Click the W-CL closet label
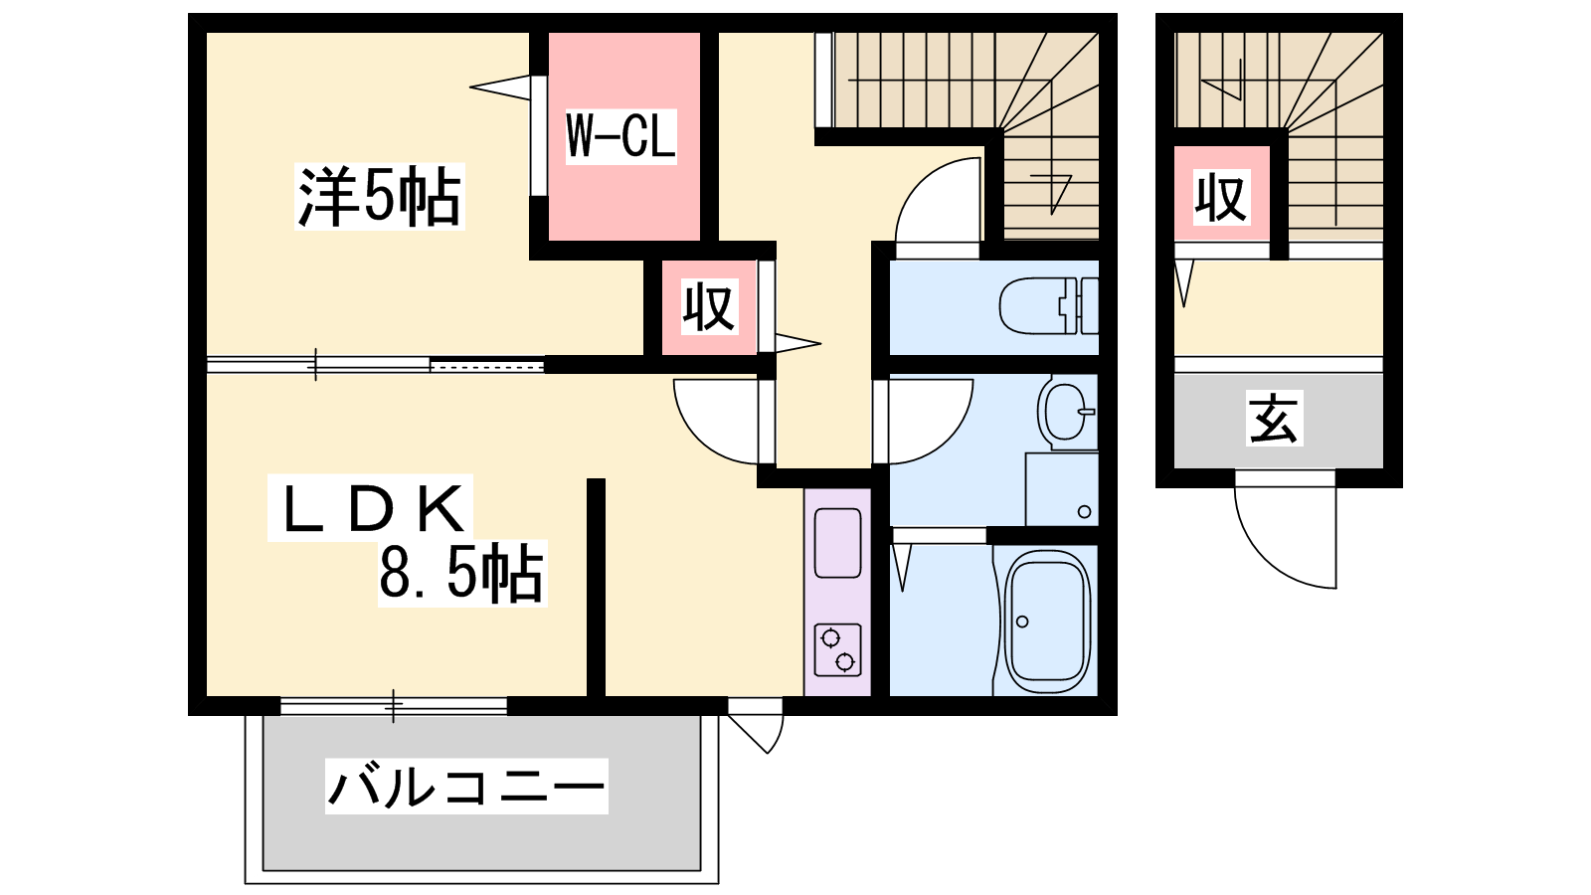point(620,136)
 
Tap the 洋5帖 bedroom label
point(379,197)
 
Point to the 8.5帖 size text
point(461,573)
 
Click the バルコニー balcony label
point(466,787)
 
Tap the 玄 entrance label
point(1274,419)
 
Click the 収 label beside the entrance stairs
point(1221,197)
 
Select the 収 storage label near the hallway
point(710,307)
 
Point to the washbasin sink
point(1066,414)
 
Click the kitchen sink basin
point(838,543)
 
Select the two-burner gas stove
point(838,650)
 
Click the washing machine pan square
point(1061,489)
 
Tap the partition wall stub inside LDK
point(596,587)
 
